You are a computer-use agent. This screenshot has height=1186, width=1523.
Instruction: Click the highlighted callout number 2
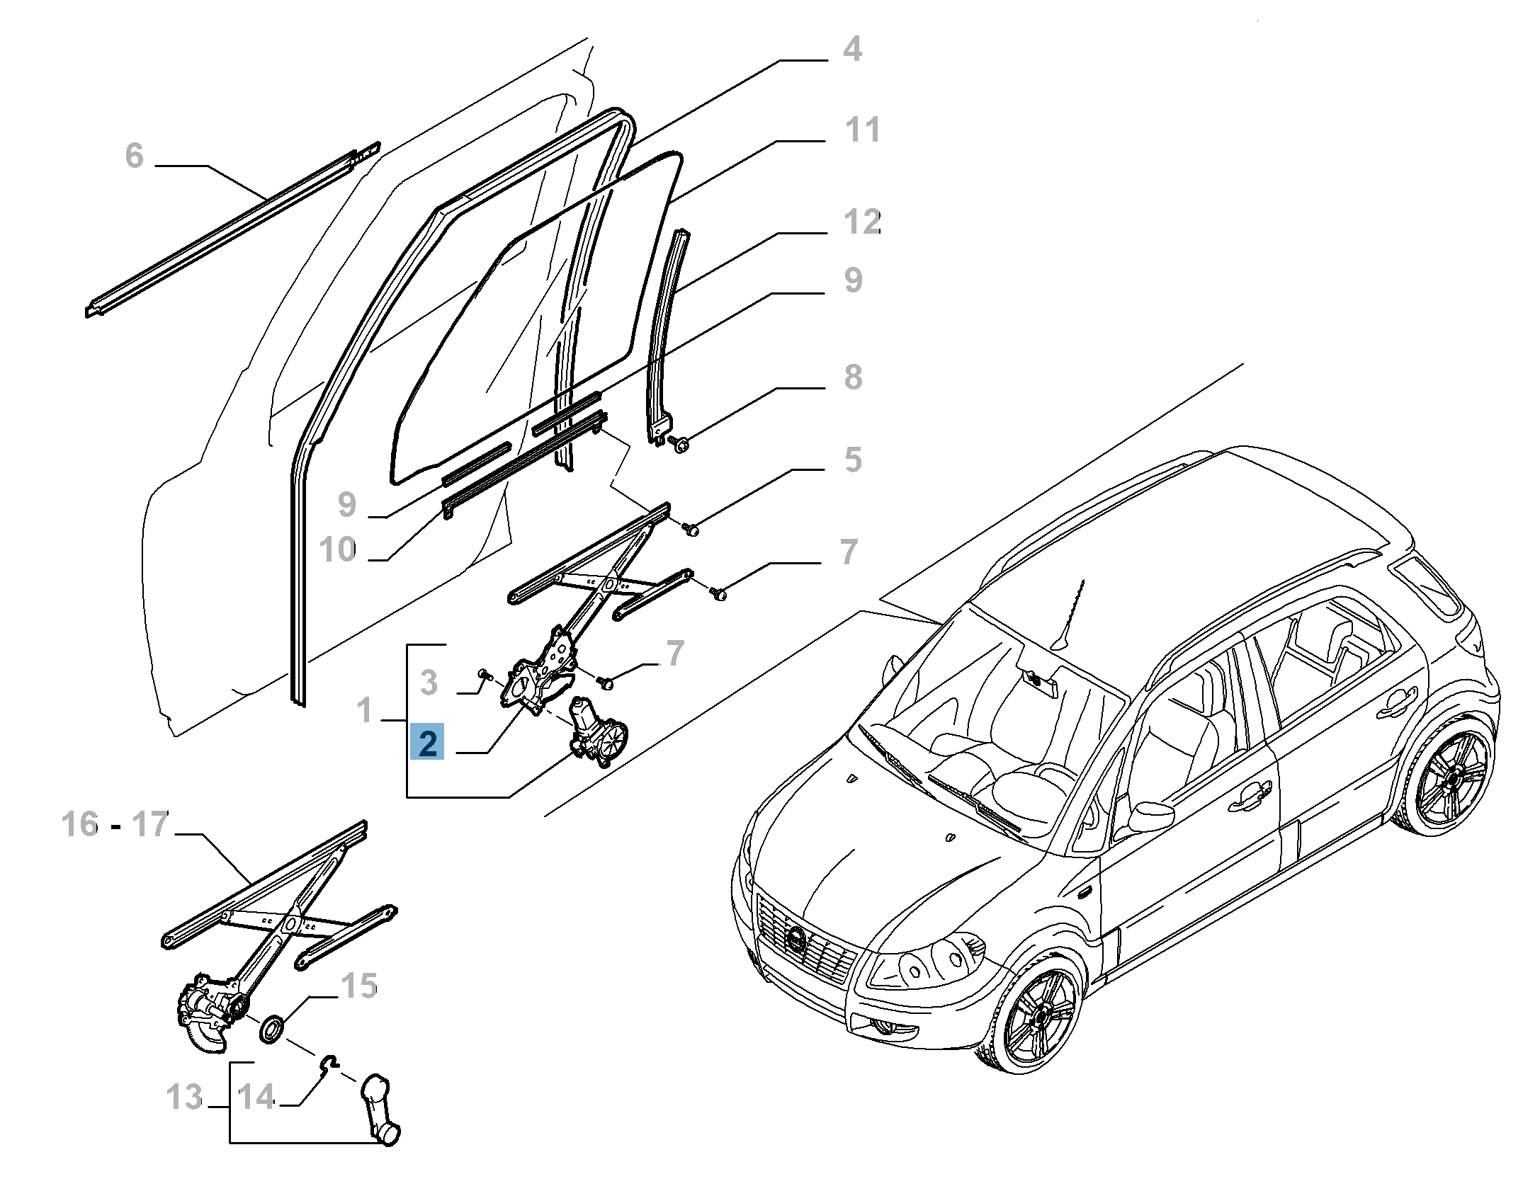click(427, 743)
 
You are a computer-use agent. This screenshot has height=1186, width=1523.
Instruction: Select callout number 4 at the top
click(852, 49)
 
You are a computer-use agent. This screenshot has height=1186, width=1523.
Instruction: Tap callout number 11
click(862, 130)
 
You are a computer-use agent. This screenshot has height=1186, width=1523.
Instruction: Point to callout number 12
click(862, 222)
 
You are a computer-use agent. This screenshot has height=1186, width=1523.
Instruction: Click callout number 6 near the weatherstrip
click(134, 156)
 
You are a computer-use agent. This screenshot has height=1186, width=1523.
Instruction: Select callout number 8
click(853, 377)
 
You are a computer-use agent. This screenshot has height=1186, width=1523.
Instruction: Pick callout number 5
click(853, 460)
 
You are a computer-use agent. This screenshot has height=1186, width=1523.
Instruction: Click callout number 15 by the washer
click(359, 986)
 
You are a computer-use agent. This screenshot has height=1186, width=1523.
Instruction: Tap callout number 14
click(255, 1097)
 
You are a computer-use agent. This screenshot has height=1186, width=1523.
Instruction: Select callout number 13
click(184, 1097)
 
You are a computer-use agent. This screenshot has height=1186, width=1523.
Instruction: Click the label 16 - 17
click(115, 824)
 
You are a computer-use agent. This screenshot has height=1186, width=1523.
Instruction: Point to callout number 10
click(337, 549)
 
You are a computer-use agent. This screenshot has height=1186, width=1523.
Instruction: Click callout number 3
click(429, 683)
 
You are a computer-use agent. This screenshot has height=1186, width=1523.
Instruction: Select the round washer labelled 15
click(271, 1029)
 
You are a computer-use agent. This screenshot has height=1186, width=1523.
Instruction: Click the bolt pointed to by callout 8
click(681, 445)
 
